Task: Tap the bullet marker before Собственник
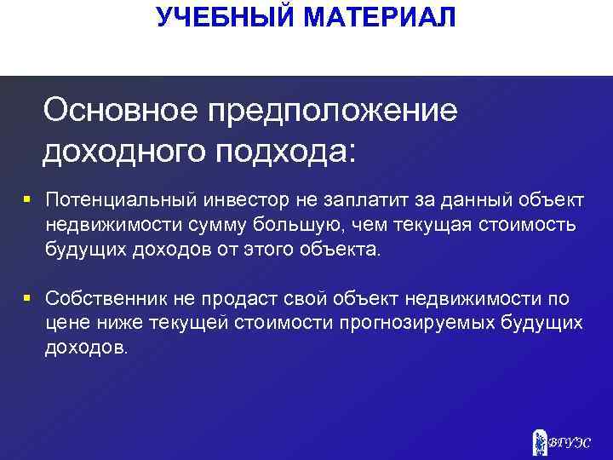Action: pos(27,298)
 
